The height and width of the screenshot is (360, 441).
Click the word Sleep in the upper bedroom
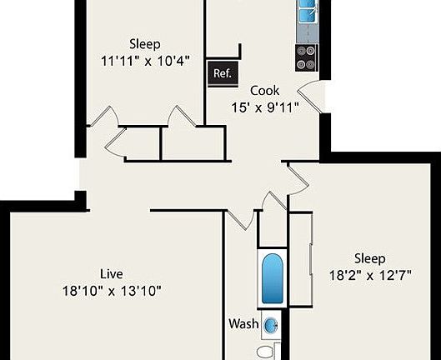(x=144, y=44)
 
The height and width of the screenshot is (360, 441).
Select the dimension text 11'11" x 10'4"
(x=144, y=61)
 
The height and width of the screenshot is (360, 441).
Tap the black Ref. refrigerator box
(x=222, y=73)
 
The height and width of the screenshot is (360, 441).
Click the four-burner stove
(x=306, y=56)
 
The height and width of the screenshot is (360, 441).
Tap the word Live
(x=112, y=273)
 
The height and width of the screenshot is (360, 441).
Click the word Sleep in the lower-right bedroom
(x=369, y=257)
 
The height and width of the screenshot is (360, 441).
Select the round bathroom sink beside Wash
(x=271, y=325)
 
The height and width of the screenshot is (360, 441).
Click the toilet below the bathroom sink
(x=268, y=352)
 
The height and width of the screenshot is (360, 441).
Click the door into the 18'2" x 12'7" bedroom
(x=297, y=176)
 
